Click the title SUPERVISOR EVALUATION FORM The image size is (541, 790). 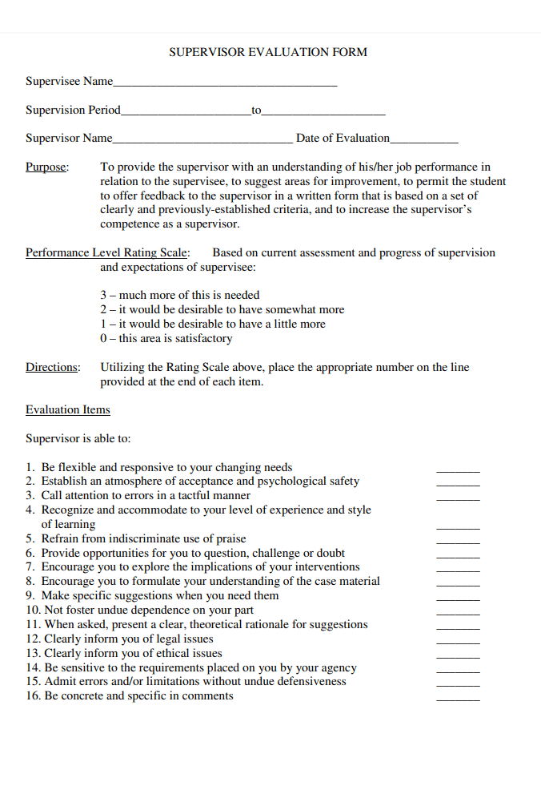tap(268, 52)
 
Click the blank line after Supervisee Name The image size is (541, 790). tap(225, 84)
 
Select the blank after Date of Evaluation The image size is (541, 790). tap(424, 141)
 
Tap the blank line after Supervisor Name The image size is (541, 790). tap(202, 141)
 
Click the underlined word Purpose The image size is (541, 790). tap(47, 167)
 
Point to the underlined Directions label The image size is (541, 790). tap(53, 367)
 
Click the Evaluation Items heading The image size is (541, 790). tap(68, 409)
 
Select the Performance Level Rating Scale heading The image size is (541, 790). tap(108, 252)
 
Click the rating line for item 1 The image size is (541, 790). tap(458, 470)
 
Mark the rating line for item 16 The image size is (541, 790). tap(458, 699)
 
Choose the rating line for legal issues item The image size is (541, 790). tap(458, 642)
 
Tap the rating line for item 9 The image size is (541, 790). tap(458, 599)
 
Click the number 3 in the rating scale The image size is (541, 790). tap(103, 295)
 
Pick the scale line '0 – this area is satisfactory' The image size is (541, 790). tap(166, 338)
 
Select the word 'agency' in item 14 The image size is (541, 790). tap(338, 667)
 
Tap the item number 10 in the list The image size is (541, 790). tap(32, 610)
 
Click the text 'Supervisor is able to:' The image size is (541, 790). tap(78, 438)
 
